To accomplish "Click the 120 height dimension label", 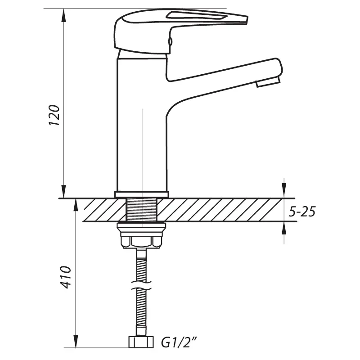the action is [54, 115].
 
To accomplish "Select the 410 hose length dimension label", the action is [66, 277].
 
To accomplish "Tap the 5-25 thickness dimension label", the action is [302, 211].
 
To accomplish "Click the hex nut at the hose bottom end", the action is [141, 342].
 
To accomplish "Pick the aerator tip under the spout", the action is [268, 82].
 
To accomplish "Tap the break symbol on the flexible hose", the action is [141, 285].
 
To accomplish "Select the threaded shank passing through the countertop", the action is [142, 210].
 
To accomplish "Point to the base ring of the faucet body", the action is [141, 194].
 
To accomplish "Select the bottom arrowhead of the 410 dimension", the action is [76, 341].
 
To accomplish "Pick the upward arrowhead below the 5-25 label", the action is [284, 229].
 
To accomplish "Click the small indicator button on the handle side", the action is [170, 41].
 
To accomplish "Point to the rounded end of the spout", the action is [279, 67].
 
